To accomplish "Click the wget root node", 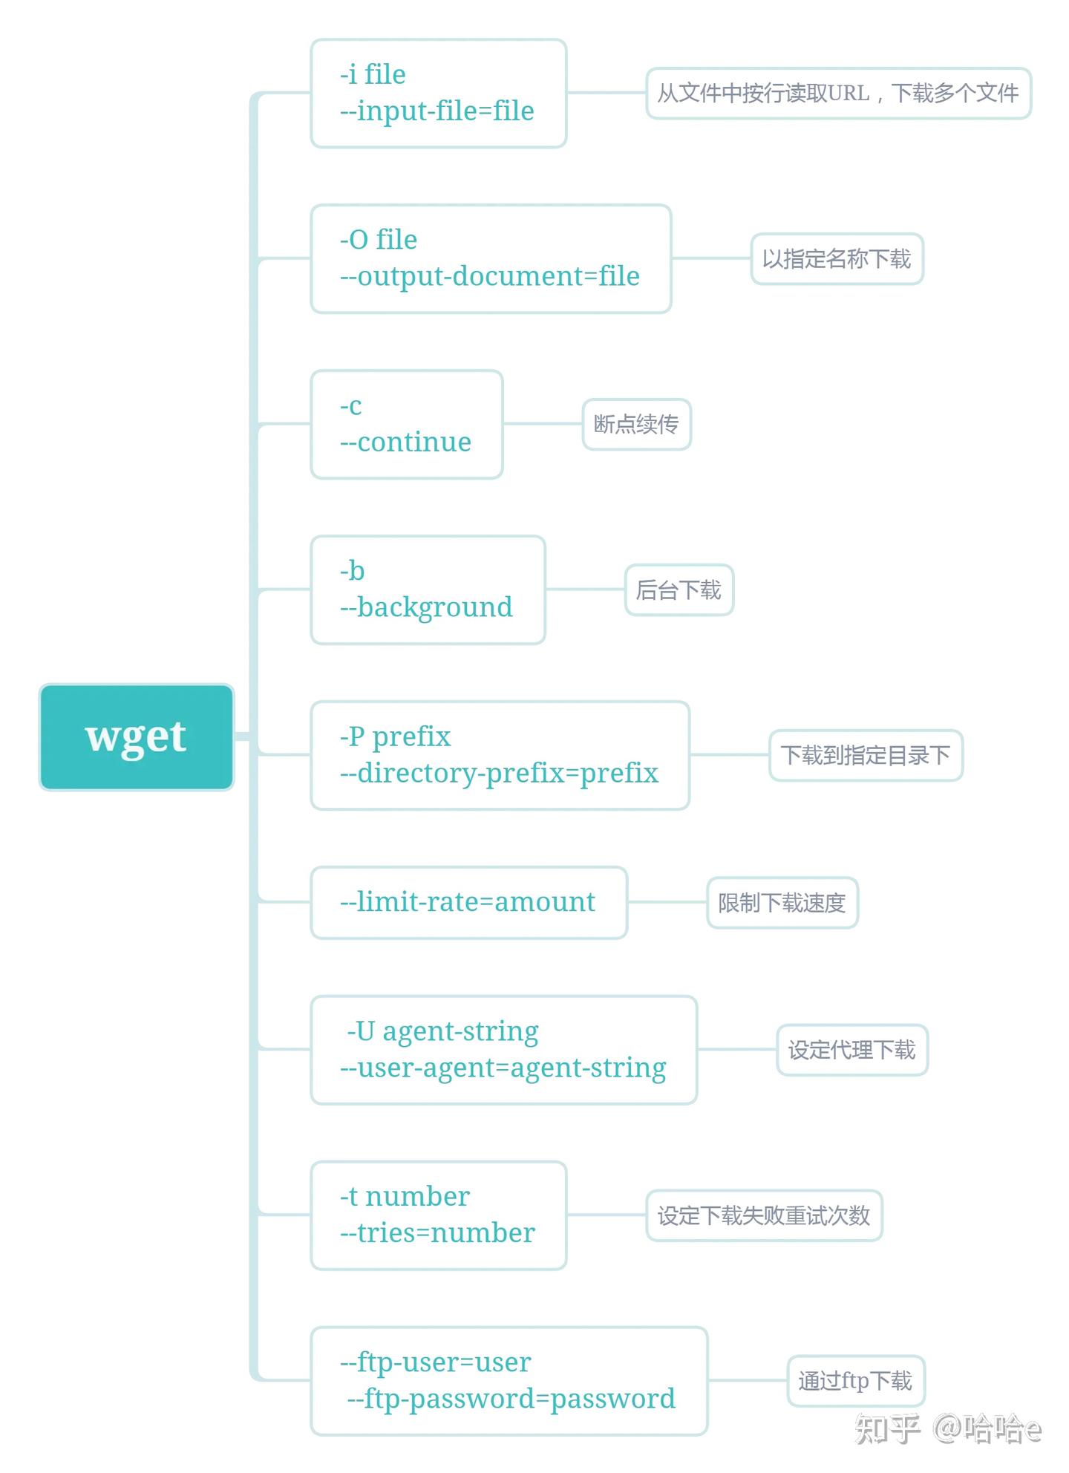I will [137, 736].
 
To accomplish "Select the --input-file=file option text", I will [437, 111].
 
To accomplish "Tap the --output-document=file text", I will [490, 277].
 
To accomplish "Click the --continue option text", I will [406, 442].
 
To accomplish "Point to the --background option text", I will [426, 608].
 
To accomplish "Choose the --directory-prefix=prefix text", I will [499, 774].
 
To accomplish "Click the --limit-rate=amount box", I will [468, 902].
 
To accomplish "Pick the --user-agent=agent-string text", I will [503, 1068].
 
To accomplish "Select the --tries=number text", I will [437, 1233].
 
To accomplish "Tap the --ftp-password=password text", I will [511, 1399].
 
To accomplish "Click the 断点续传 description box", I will [636, 425].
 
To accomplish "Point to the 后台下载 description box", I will [679, 590].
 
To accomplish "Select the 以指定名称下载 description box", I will [837, 259].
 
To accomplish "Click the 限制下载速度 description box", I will [782, 903].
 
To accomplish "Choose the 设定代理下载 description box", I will [851, 1050].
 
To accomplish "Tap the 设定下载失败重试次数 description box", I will [764, 1215].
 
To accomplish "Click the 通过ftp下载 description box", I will [855, 1381].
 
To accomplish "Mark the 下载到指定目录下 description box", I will [866, 756].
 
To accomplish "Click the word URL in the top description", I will [849, 94].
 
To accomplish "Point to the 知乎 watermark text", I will [888, 1428].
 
